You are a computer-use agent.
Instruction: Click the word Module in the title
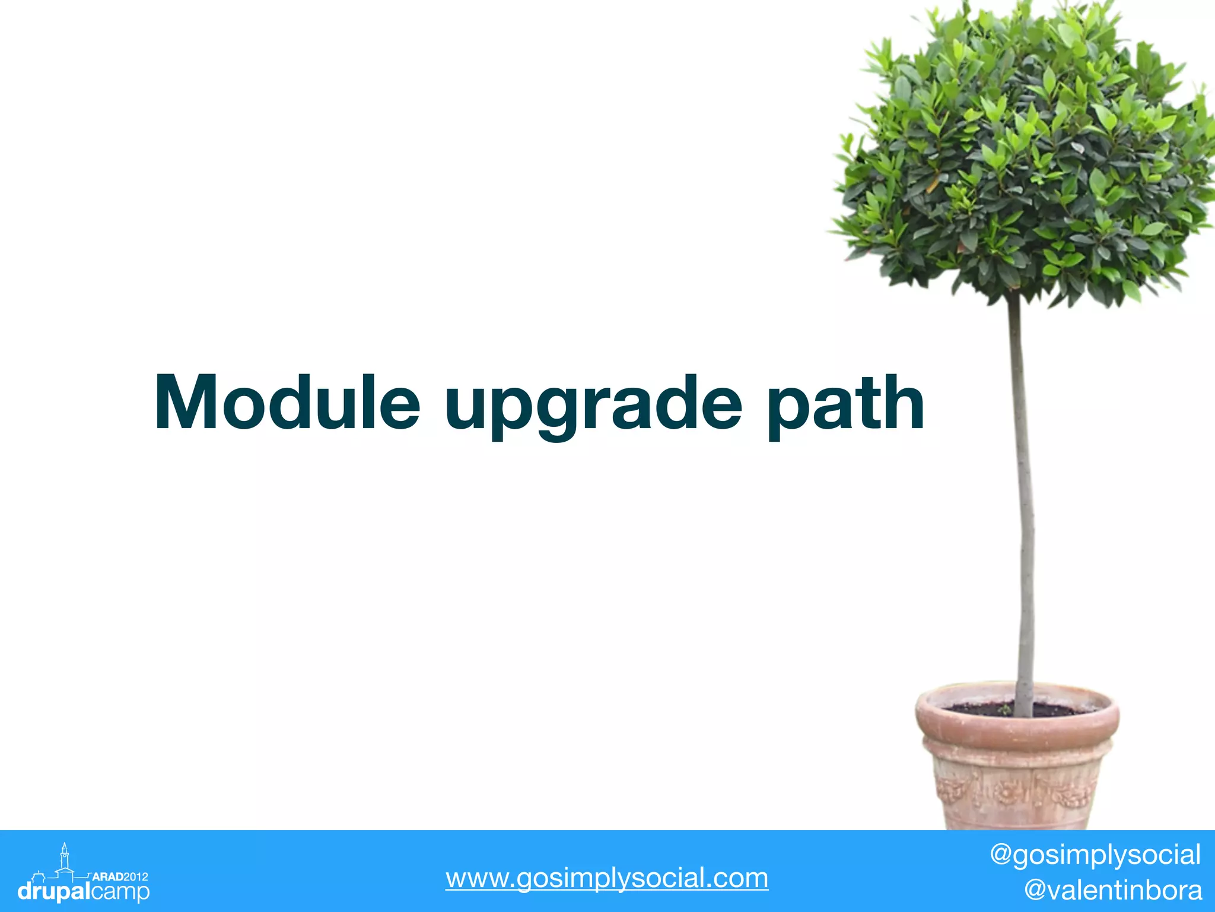[x=288, y=403]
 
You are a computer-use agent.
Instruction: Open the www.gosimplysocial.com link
[x=607, y=878]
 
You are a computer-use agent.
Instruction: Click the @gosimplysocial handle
[x=1095, y=855]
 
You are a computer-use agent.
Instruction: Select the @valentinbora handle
[x=1113, y=890]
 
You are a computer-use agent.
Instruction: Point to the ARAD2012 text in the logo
[x=120, y=876]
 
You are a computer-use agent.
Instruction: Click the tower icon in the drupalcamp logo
[x=65, y=859]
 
